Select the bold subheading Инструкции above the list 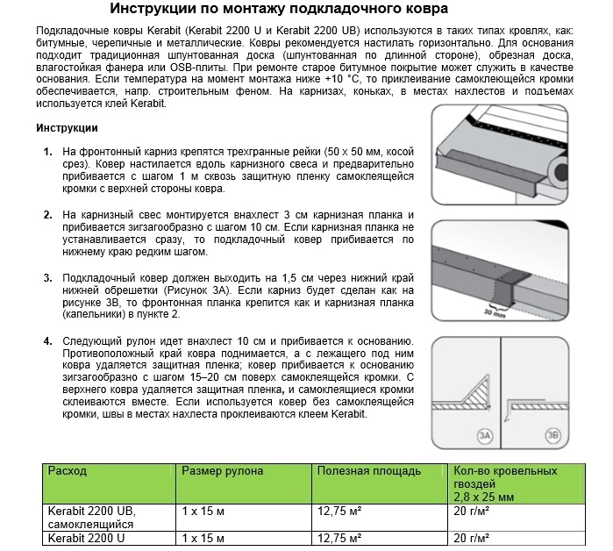(68, 128)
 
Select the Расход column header (68, 471)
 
